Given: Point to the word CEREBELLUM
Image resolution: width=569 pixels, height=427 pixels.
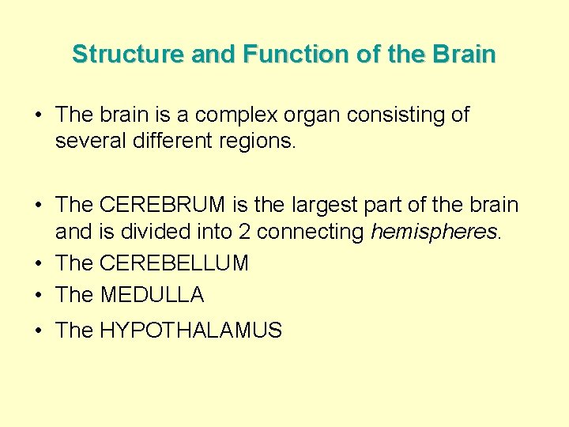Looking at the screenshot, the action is tap(174, 263).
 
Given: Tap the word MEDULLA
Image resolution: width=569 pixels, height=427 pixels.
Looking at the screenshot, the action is tap(152, 295).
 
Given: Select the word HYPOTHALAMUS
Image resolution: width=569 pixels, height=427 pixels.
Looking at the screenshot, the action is tap(190, 331).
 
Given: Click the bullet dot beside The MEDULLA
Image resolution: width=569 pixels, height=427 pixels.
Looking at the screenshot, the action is tap(39, 296).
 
